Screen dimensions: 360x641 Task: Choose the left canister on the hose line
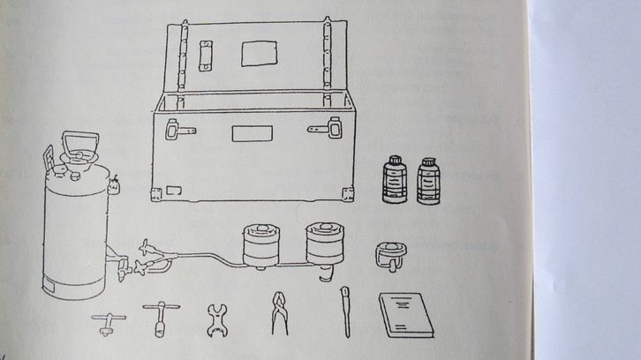(260, 245)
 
